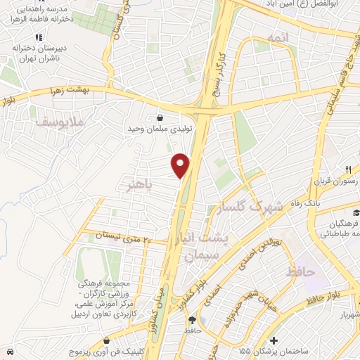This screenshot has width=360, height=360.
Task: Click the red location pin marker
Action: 181,165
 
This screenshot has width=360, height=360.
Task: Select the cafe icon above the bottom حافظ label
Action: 193,319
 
